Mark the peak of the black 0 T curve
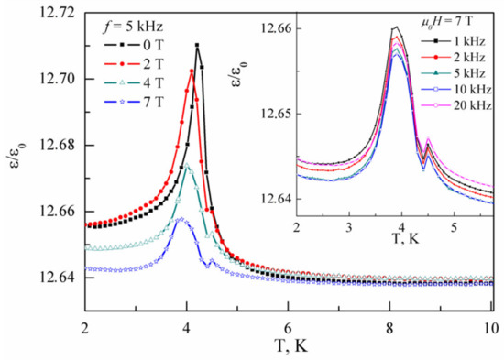click(197, 45)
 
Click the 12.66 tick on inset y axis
click(279, 28)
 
